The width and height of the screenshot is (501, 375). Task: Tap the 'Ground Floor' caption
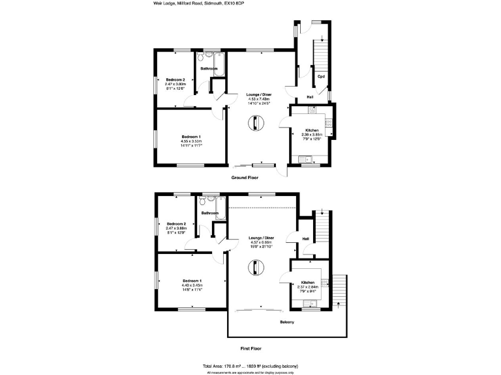pos(245,177)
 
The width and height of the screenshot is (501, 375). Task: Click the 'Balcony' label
pos(287,322)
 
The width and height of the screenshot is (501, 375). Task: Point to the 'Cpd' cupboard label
pos(321,77)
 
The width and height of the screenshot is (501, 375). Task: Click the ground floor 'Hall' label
pos(310,97)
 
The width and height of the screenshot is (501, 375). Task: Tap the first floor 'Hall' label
pos(305,239)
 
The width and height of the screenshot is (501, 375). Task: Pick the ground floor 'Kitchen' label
pos(312,130)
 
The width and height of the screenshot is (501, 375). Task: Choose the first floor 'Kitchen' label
pos(307,283)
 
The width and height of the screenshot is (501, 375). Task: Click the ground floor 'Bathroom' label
pos(209,68)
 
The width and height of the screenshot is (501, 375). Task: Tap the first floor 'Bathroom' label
pos(209,213)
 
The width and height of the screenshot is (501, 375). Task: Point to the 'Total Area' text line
pos(250,367)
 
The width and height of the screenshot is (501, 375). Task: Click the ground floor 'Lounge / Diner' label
pos(259,95)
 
